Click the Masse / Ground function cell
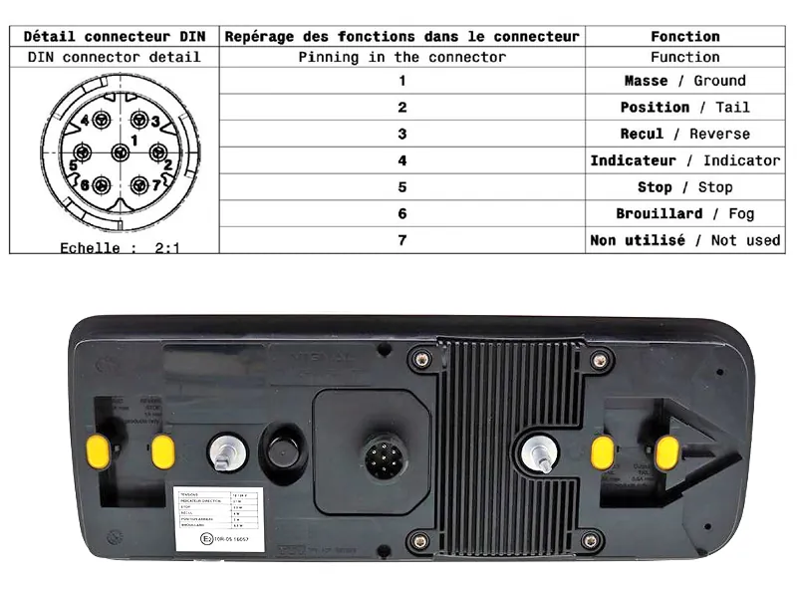[x=684, y=81]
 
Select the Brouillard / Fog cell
[x=684, y=213]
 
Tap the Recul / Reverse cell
[x=684, y=134]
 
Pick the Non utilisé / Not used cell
[x=684, y=240]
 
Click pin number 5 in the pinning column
[x=401, y=186]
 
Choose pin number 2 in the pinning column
[x=401, y=107]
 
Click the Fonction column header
[x=684, y=36]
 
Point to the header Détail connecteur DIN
[x=114, y=36]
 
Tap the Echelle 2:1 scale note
[x=119, y=247]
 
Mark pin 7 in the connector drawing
[x=139, y=184]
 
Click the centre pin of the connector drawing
[x=121, y=152]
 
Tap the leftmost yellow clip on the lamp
[x=98, y=450]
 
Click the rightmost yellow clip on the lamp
[x=666, y=452]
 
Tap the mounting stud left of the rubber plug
[x=226, y=453]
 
